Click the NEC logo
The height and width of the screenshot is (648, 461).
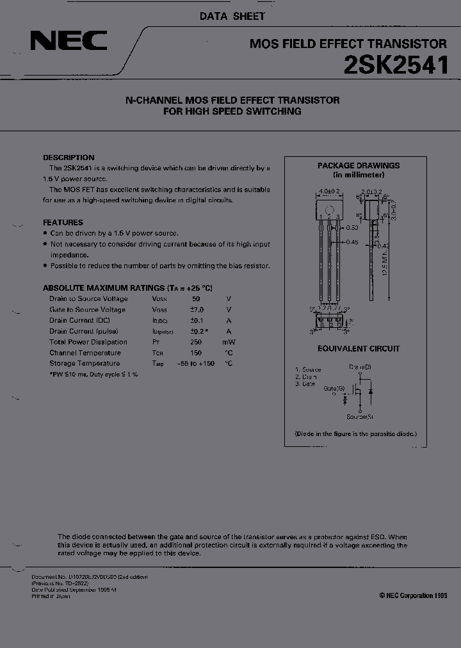click(69, 42)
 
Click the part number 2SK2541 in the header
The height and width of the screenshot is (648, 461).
click(397, 66)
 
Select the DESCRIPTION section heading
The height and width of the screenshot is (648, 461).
click(69, 158)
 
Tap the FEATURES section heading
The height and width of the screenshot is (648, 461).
click(63, 223)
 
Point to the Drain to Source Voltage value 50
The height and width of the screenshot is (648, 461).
click(196, 299)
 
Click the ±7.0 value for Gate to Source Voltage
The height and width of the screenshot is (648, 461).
click(197, 310)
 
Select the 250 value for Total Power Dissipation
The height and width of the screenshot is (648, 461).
click(196, 343)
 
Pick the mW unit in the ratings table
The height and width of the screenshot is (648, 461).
click(229, 343)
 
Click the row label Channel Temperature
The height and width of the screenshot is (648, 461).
click(85, 353)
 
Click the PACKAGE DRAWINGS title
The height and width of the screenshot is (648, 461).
click(359, 166)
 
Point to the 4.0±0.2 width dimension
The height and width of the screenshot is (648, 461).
click(329, 191)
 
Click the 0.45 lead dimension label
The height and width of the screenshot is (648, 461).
click(351, 242)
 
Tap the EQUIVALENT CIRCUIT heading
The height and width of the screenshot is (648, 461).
click(359, 349)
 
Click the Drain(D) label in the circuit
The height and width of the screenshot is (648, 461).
click(360, 367)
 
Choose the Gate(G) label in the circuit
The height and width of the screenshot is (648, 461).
click(334, 388)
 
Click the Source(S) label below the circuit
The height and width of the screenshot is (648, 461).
click(360, 417)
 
